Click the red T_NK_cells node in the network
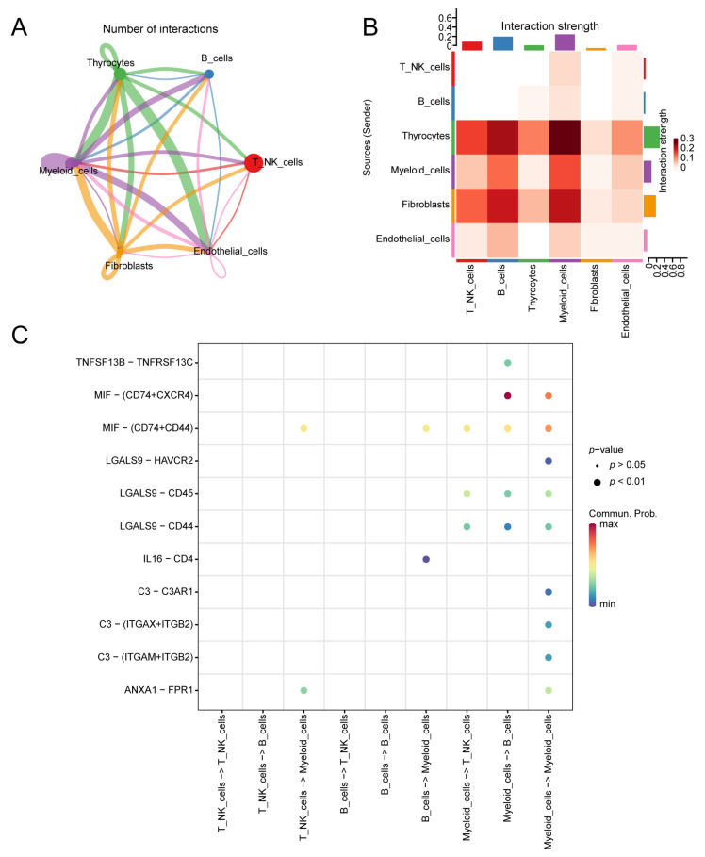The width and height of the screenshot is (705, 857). coord(253,163)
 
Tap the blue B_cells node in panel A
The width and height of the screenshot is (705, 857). coord(208,74)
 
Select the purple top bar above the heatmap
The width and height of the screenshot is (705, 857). coord(566,42)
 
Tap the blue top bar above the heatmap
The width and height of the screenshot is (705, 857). coord(502,43)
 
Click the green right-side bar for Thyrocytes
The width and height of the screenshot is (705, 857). coord(650,138)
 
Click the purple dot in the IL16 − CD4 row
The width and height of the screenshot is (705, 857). coord(426,559)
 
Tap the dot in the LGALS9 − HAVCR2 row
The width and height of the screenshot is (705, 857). coord(549,461)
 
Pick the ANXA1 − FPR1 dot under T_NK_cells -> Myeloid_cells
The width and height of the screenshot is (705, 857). coord(303,690)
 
